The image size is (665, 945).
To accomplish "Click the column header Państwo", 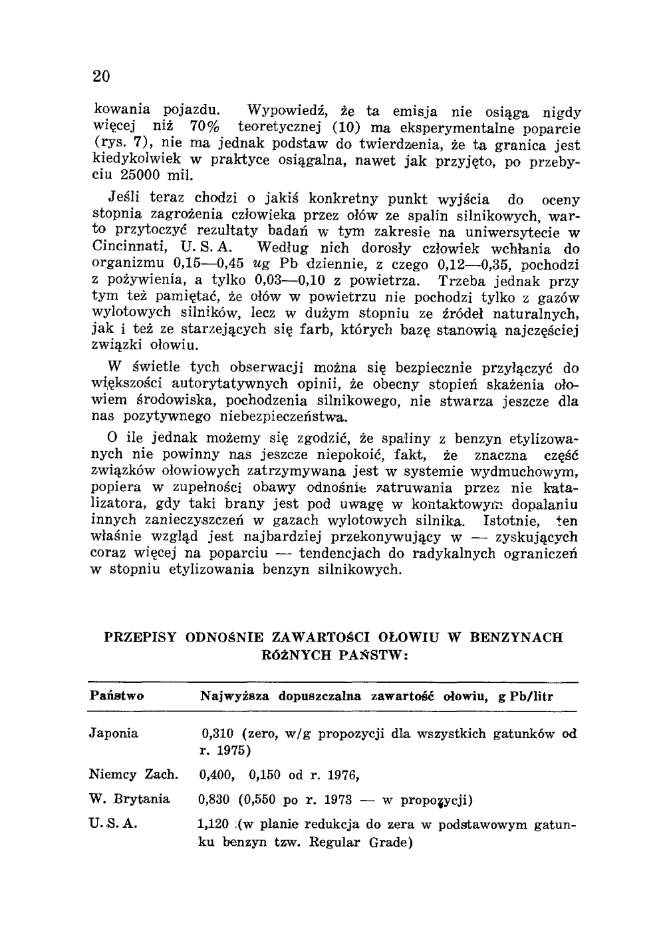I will [x=116, y=696].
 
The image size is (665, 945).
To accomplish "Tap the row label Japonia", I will [x=113, y=734].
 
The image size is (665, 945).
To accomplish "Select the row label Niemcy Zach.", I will [x=133, y=775].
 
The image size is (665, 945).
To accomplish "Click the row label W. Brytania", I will [x=129, y=799].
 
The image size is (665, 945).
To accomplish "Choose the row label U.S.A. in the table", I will [x=113, y=823].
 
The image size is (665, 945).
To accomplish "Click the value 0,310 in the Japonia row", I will [x=216, y=734].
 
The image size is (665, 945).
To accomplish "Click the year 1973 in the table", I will [x=346, y=799].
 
